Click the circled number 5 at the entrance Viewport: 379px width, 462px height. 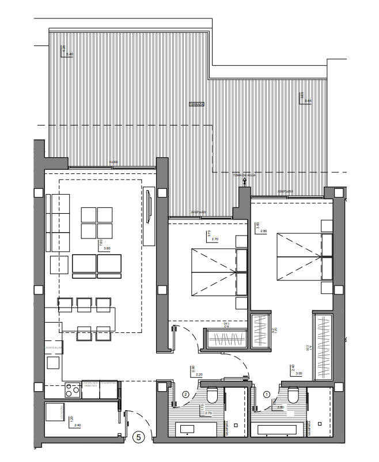(x=138, y=437)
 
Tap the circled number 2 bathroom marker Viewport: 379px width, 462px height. (x=186, y=395)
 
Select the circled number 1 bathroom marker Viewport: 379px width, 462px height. (x=266, y=395)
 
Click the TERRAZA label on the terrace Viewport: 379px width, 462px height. (x=197, y=105)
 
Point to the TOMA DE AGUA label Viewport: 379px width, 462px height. (x=244, y=175)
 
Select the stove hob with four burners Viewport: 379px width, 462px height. (x=73, y=390)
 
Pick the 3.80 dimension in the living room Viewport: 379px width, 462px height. (x=107, y=248)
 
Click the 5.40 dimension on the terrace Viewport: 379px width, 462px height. (x=70, y=54)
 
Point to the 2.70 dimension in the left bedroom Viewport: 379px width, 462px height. (x=215, y=238)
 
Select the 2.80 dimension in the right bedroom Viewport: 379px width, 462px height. (x=264, y=231)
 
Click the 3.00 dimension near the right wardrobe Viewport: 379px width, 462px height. (x=299, y=373)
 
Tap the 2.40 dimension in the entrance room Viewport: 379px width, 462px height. (x=77, y=425)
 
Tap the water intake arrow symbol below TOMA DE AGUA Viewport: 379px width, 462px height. (x=245, y=181)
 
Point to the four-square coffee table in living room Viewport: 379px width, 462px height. (x=97, y=222)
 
